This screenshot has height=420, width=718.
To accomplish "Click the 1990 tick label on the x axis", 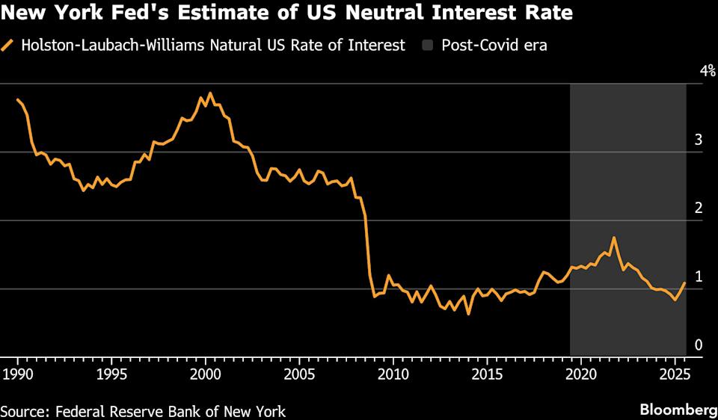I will point(17,373).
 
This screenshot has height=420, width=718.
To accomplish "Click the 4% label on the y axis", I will point(707,71).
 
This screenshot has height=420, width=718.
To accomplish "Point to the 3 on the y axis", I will point(699,140).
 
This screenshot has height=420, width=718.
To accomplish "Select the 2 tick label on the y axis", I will point(699,208).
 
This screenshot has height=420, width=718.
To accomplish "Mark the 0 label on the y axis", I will point(699,345).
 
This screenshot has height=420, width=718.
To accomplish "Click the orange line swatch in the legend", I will point(8,46).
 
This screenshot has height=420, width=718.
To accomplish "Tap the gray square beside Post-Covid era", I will point(427,46).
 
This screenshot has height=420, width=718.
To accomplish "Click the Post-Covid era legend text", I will point(494,46).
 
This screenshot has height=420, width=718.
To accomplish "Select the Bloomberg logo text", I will point(677,410).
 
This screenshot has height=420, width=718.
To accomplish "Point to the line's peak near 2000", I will point(210,93).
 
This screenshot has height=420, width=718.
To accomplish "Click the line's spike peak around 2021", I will point(614,238).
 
